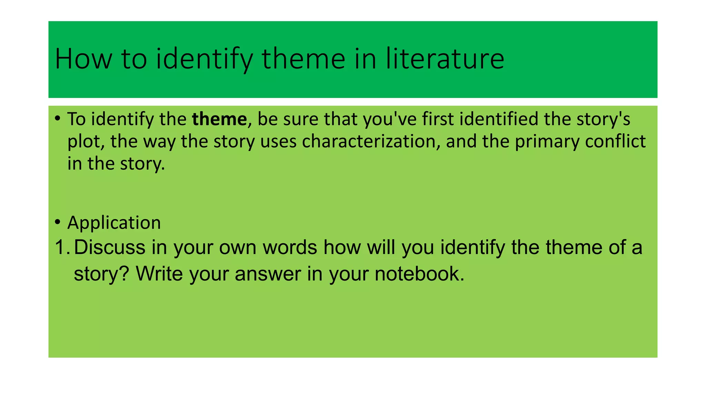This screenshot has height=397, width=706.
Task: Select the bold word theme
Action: click(219, 119)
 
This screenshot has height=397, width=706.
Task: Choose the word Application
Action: click(114, 223)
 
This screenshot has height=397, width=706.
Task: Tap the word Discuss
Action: click(110, 247)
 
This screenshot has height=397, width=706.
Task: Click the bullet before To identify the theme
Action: click(58, 119)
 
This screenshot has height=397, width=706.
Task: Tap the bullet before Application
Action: click(58, 222)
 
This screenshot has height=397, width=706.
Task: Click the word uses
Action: click(279, 142)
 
